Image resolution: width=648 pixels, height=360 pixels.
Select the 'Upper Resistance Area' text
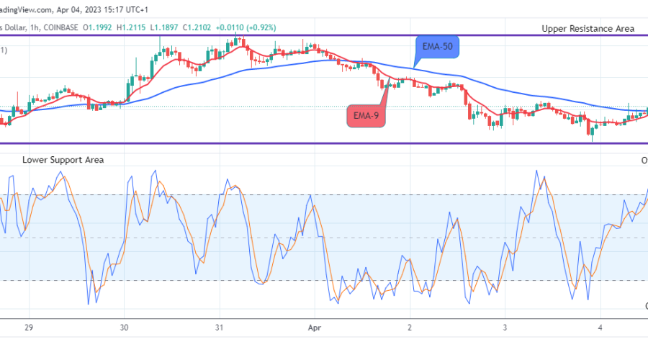[x=588, y=29]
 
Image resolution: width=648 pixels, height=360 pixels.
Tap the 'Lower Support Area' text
[x=63, y=159]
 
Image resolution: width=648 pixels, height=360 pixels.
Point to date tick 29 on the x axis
[x=30, y=326]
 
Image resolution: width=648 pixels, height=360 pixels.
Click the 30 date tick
[x=125, y=326]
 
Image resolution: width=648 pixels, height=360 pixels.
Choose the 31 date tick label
[x=220, y=326]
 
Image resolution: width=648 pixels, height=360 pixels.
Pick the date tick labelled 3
[x=505, y=326]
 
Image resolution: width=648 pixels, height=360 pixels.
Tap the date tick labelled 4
[x=600, y=326]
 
